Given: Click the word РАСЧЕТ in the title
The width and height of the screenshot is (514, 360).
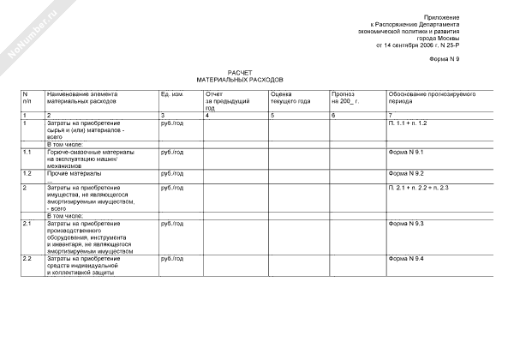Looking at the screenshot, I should coord(240,73).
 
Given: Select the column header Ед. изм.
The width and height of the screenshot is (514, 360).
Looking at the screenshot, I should coord(171,93).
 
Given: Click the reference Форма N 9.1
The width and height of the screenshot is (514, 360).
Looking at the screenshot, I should coord(407,151).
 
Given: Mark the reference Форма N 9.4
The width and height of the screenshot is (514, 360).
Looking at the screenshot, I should coord(407,258).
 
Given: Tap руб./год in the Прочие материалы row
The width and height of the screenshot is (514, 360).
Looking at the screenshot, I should coord(171,172).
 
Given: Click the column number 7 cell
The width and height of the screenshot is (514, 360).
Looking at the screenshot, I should coord(391,114).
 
